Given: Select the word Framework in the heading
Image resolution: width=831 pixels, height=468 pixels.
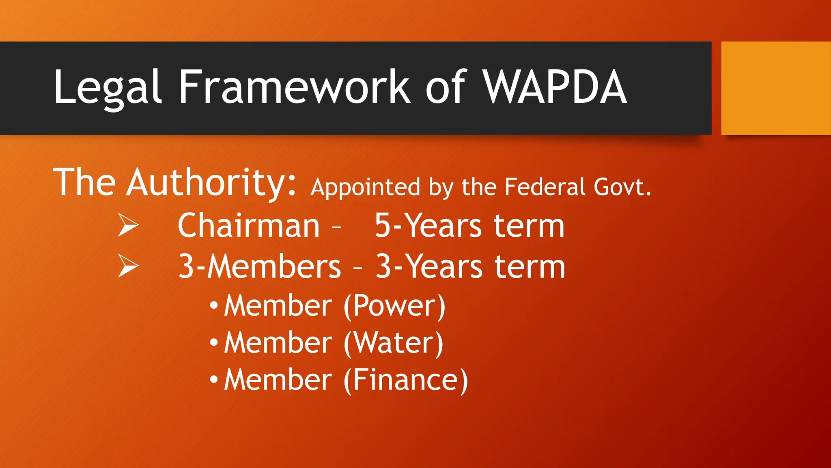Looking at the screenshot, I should [x=294, y=87].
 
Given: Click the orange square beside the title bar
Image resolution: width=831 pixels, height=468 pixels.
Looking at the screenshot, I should [x=775, y=88].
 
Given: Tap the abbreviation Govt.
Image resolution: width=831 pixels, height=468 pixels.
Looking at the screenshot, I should [x=622, y=187].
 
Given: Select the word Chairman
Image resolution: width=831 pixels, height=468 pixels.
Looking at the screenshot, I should [x=249, y=226].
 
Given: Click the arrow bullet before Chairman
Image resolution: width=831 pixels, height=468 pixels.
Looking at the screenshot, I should [x=128, y=225].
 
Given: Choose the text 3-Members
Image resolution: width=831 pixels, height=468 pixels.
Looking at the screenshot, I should [x=260, y=266].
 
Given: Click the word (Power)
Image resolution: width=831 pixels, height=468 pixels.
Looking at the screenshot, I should [x=394, y=305].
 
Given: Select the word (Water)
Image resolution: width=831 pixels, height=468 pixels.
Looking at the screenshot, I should [x=393, y=343].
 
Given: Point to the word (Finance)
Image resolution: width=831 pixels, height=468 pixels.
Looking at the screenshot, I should [x=406, y=380].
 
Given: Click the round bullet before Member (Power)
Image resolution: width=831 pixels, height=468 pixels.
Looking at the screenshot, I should [x=214, y=305].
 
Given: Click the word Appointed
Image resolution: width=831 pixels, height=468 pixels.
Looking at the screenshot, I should [x=365, y=188].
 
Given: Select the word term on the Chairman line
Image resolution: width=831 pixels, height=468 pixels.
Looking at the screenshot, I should [x=529, y=226].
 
